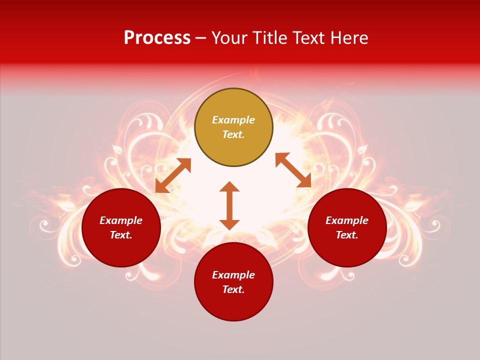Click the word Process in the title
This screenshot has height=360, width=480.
[157, 38]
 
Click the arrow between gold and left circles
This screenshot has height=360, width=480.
[173, 175]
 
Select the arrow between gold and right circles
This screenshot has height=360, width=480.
[293, 170]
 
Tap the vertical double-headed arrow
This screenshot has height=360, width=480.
[229, 205]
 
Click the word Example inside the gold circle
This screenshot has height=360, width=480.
[233, 120]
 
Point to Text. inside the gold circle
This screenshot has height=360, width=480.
[233, 134]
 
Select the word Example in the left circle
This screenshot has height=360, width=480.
[121, 220]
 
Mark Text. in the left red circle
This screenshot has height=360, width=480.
[121, 235]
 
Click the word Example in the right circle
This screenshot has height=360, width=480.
[347, 220]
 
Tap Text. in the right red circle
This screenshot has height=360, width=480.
[347, 235]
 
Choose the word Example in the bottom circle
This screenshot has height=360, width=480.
[233, 275]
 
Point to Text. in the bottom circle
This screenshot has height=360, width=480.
[233, 289]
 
